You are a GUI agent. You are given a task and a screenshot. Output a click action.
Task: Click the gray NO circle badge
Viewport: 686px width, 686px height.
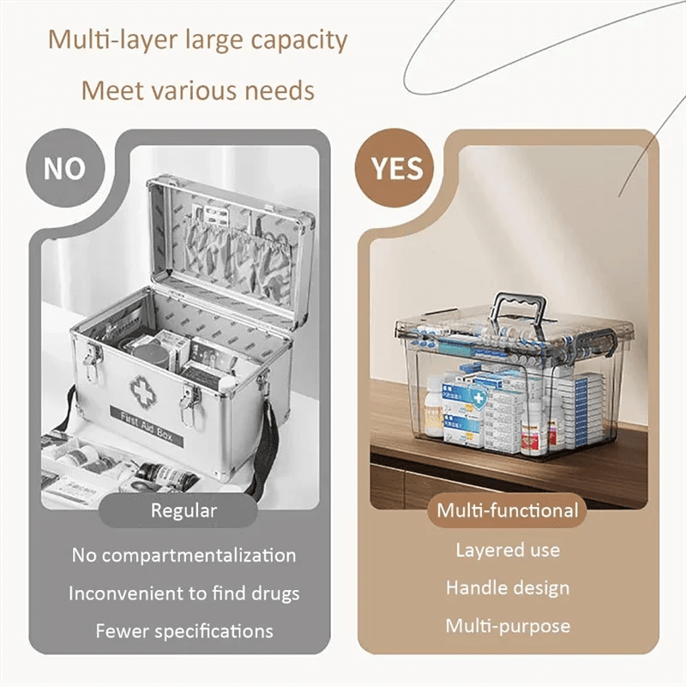coord(65,168)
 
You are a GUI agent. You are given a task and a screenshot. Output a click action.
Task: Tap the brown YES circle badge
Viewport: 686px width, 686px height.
coord(397,168)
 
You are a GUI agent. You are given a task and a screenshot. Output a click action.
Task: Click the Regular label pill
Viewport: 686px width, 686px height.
coord(184,511)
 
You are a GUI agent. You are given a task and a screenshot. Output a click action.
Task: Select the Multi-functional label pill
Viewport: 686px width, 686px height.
coord(508,511)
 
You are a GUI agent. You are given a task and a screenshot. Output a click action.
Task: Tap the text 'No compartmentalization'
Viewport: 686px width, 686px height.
coord(184,555)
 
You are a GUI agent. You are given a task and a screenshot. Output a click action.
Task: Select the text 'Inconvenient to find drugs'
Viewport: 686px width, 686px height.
coord(184,593)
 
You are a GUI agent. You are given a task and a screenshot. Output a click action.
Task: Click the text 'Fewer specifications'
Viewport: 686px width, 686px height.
coord(184,631)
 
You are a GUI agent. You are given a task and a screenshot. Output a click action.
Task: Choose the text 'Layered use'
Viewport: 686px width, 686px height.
coord(508,550)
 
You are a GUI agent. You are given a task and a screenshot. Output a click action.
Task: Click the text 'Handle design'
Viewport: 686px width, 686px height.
coord(508,587)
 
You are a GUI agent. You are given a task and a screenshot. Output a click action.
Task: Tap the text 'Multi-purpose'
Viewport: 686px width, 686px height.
coord(508,625)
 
